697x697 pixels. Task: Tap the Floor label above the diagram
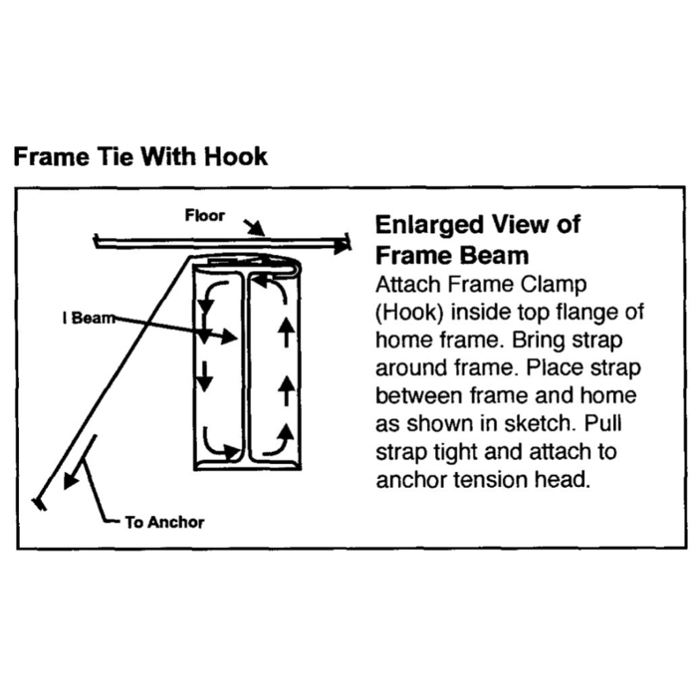(x=204, y=215)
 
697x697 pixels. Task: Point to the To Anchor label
(x=164, y=522)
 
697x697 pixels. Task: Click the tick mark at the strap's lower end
(x=40, y=504)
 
